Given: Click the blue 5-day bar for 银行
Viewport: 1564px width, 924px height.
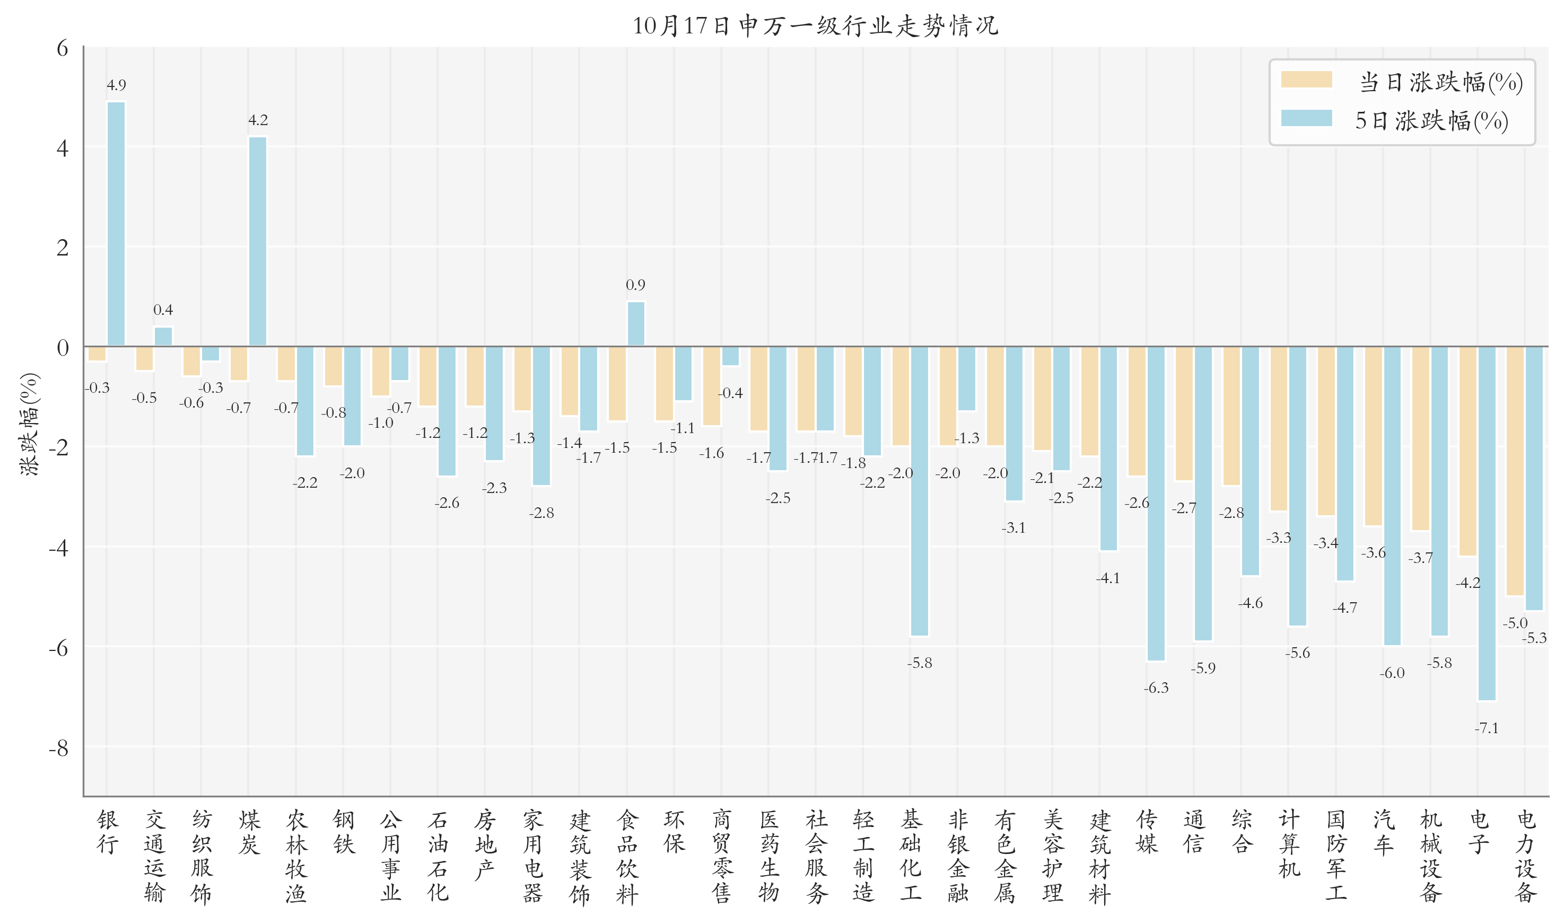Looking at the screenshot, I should pyautogui.click(x=116, y=224).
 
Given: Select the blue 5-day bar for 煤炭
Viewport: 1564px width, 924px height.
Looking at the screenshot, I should pyautogui.click(x=258, y=242).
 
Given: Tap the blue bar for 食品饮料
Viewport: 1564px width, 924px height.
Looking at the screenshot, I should pyautogui.click(x=636, y=324).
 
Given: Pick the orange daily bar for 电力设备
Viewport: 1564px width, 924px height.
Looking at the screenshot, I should pyautogui.click(x=1515, y=471).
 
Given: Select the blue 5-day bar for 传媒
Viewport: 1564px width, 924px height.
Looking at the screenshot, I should pyautogui.click(x=1156, y=503).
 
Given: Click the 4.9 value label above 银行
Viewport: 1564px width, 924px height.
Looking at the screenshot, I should pyautogui.click(x=116, y=85).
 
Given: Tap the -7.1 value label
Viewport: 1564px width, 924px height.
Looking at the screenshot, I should pyautogui.click(x=1487, y=728).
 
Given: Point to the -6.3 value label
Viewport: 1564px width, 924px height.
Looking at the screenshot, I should pyautogui.click(x=1156, y=688).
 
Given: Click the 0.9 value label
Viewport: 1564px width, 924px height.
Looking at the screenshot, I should pyautogui.click(x=635, y=285).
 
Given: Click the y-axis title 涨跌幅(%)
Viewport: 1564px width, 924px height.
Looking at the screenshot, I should pyautogui.click(x=29, y=425).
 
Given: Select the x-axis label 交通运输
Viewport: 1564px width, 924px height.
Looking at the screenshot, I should pyautogui.click(x=154, y=856).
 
